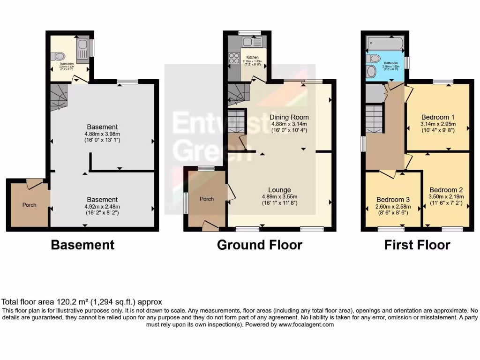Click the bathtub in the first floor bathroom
point(384,43)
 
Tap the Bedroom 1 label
point(438,117)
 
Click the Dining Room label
point(289,117)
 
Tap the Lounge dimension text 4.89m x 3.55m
point(280,196)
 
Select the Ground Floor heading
point(259,245)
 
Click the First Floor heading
point(417,245)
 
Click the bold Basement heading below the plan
point(82,245)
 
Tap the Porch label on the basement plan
point(29,205)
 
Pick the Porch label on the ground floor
point(207,199)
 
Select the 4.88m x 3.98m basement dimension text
point(102,134)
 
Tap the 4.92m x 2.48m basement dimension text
point(102,206)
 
